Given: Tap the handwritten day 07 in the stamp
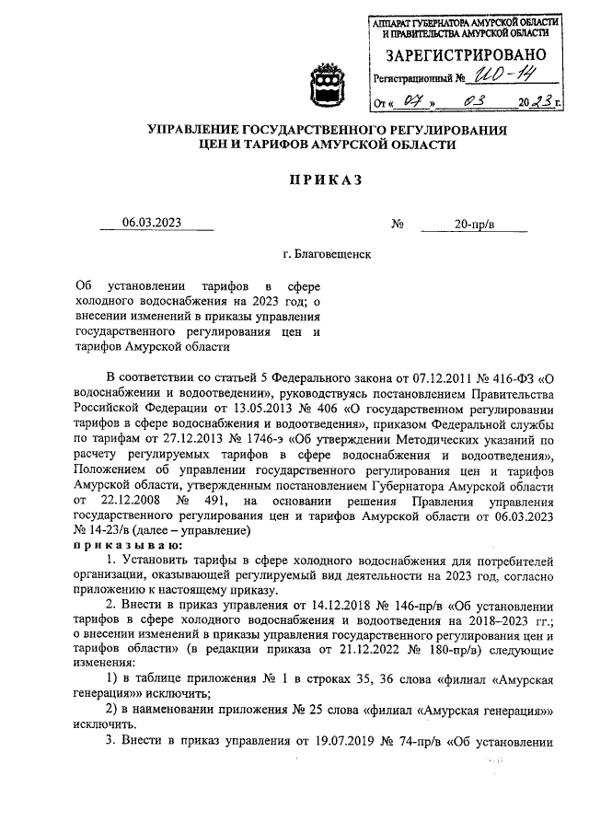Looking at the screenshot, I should tap(421, 102).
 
